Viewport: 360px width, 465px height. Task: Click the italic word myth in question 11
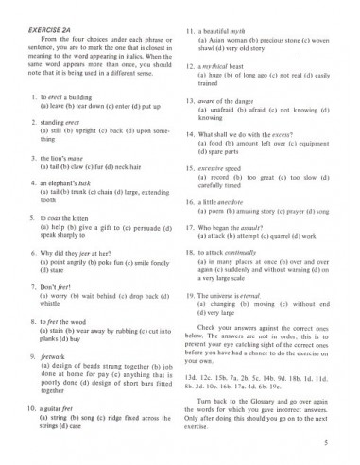[243, 31]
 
